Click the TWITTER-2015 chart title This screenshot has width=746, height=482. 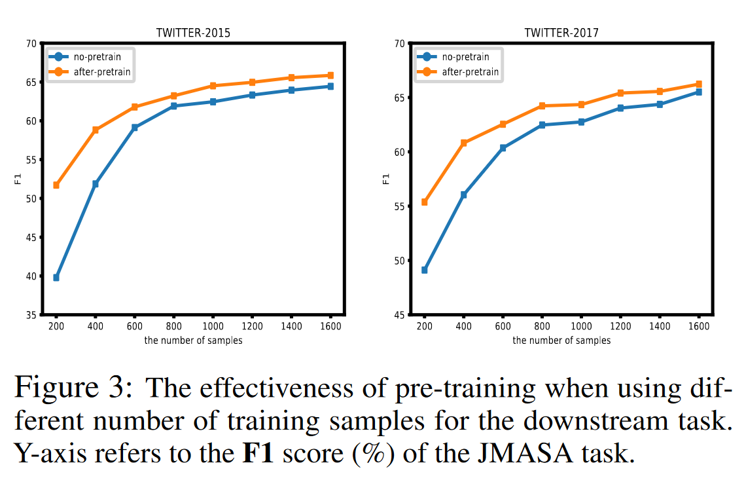coord(193,33)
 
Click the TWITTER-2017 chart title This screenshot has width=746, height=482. coord(561,33)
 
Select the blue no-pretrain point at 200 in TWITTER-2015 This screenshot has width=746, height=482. coord(56,278)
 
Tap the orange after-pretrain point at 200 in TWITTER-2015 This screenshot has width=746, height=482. coord(56,185)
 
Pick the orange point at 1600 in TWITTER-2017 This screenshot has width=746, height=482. coord(698,84)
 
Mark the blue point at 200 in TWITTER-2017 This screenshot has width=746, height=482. coord(424,270)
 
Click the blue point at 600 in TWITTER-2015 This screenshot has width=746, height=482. coord(135,128)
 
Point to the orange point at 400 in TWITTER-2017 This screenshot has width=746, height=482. coord(463,143)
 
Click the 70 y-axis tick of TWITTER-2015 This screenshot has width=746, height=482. coord(31,44)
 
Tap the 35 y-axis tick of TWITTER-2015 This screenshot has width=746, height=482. coord(31,316)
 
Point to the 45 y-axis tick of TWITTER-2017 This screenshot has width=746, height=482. coord(399,316)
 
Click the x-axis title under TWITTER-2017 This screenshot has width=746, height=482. coord(561,341)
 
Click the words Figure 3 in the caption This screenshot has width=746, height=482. coord(74,389)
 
